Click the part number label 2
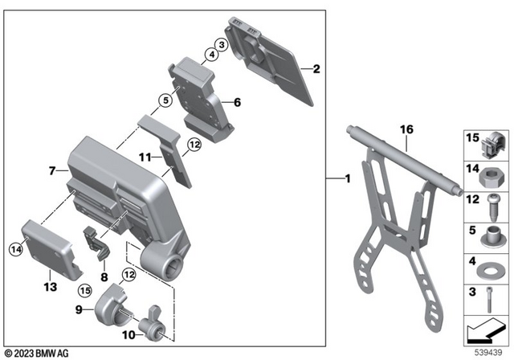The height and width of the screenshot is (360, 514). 316,70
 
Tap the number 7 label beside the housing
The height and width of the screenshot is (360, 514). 52,171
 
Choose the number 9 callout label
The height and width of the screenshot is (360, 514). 78,309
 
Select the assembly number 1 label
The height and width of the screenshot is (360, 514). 347,178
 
